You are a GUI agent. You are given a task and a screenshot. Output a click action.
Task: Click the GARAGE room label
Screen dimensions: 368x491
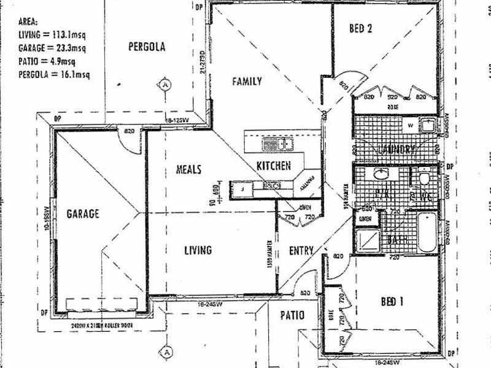[x=83, y=214]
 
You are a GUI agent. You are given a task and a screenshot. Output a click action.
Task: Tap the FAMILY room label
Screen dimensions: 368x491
[x=247, y=81]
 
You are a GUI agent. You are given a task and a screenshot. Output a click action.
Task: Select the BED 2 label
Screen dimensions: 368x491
[x=361, y=28]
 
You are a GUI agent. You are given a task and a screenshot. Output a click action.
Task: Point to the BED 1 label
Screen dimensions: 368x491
[x=392, y=302]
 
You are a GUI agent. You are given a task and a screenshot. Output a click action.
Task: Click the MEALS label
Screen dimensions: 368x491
[x=189, y=170]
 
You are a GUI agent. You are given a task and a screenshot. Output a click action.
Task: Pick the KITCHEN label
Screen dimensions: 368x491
[x=273, y=166]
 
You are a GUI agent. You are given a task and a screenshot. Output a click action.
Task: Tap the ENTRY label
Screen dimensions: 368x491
[x=301, y=250]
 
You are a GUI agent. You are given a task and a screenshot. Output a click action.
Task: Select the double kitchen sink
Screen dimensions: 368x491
[x=277, y=145]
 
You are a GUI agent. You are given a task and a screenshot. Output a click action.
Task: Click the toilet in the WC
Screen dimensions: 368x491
[x=423, y=179]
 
